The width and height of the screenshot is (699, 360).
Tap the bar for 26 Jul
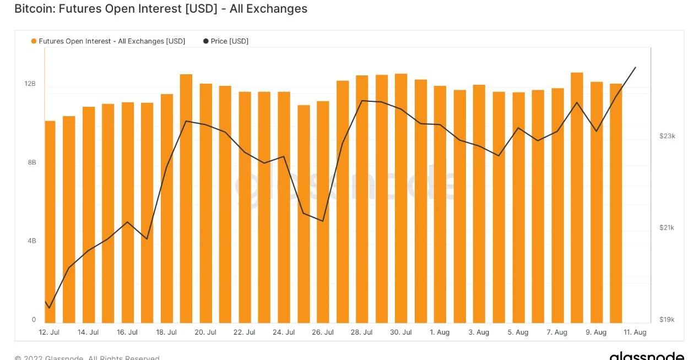coord(323,212)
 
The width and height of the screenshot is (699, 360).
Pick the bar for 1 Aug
coord(440,204)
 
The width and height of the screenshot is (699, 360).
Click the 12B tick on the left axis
coord(30,84)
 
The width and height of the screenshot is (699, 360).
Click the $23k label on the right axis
coord(667,136)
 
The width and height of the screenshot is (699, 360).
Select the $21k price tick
coord(667,228)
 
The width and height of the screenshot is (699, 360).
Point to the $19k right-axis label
coord(667,320)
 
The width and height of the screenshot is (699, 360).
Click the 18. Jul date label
coord(166,332)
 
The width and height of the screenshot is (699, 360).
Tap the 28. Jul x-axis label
coord(362,332)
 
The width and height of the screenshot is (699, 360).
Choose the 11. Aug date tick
coord(635,332)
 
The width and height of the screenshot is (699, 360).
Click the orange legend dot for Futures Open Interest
coord(34,41)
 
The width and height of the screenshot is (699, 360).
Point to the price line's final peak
coord(636,67)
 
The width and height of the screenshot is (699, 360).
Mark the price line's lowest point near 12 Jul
coord(49,308)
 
